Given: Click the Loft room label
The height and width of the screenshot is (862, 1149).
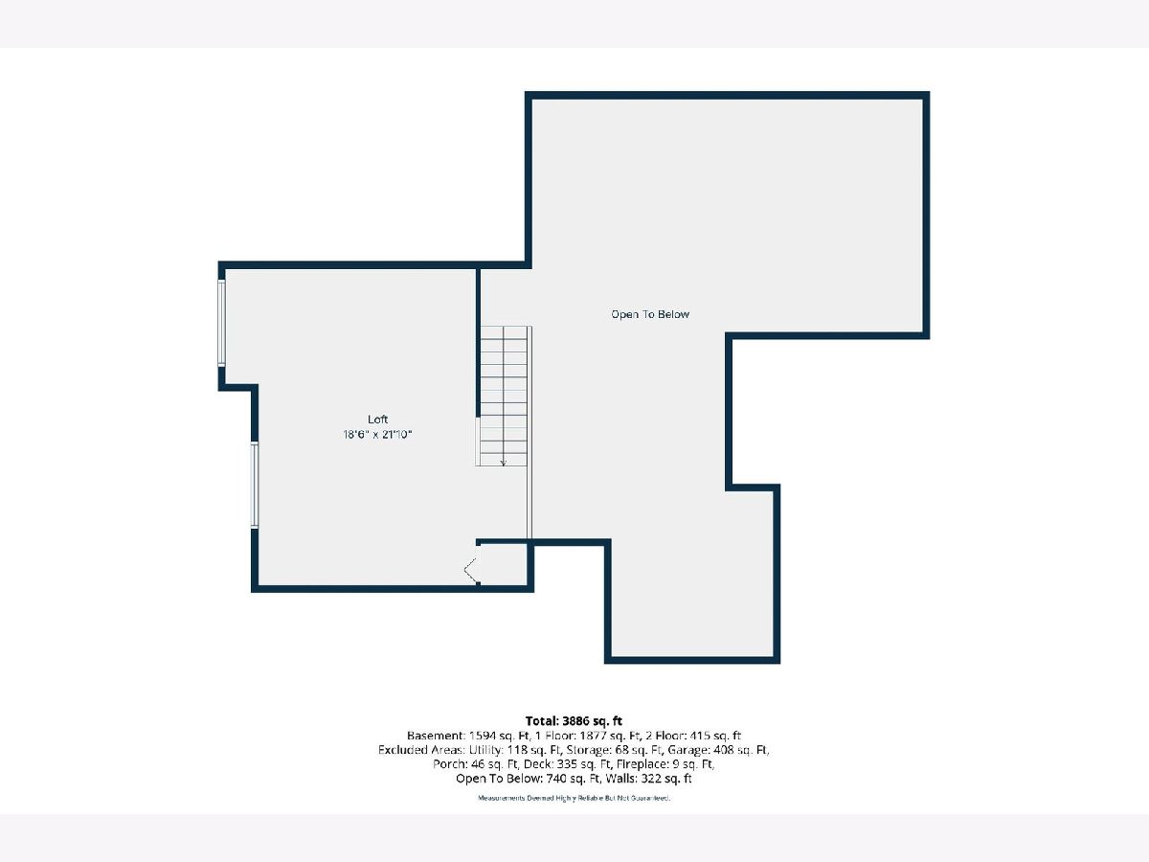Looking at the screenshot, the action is pos(377,420).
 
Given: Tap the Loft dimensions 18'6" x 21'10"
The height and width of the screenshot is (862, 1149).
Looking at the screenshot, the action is pos(377,435).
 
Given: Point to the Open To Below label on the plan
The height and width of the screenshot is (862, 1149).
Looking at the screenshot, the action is pos(650,314).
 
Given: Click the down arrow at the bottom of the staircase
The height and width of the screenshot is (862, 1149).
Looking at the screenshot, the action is pos(503,463).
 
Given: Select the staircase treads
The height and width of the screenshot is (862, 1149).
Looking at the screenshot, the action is pos(504,397).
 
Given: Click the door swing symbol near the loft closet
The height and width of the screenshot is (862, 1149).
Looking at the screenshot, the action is pos(470,570).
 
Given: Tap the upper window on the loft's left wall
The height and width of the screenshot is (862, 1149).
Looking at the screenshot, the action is pos(221,323).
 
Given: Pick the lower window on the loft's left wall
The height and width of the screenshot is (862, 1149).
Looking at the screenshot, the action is pos(255,485).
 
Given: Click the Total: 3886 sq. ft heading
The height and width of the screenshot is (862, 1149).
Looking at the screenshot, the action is pos(574,721).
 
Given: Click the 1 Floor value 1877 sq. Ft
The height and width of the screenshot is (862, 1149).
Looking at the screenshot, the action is pos(607,736).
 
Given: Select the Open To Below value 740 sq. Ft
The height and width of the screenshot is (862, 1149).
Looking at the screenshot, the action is pos(574,779).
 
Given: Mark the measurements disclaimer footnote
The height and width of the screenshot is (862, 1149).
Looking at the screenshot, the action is pos(574,798).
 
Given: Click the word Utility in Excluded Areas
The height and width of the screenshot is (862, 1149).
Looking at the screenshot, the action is pos(485,750).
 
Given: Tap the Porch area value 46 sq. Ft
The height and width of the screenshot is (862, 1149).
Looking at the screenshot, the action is pos(492,763).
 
